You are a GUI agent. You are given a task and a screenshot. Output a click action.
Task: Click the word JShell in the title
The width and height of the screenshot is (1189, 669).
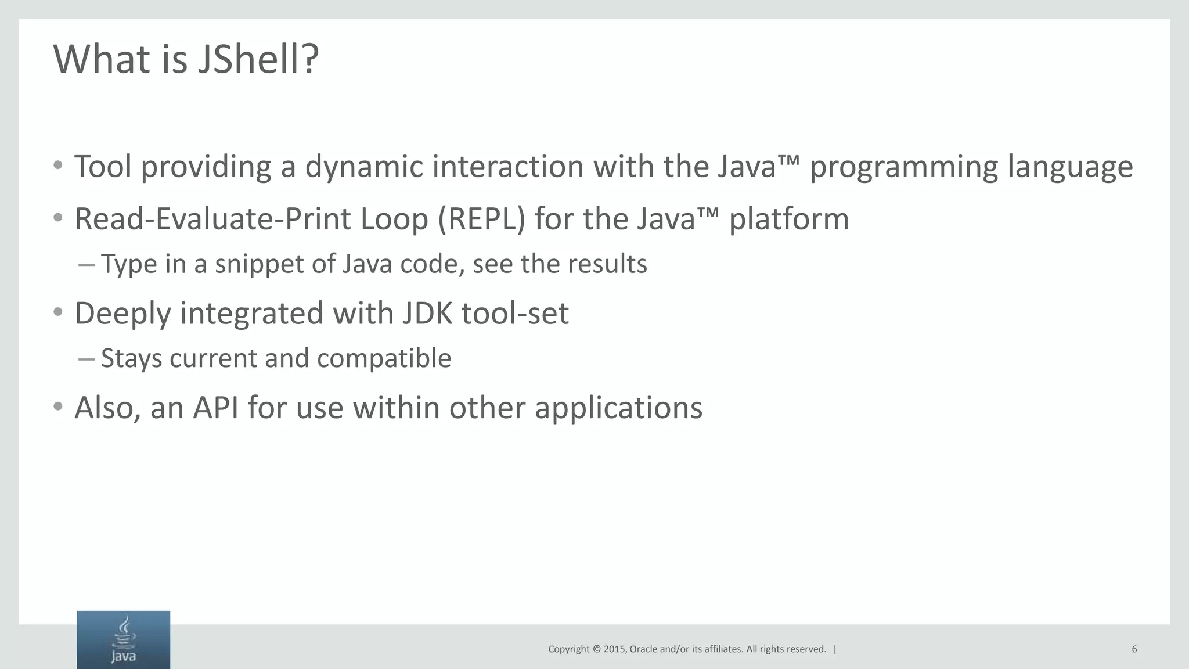coord(258,59)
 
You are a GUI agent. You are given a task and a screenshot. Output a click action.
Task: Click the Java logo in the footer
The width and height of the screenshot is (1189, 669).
coord(123,639)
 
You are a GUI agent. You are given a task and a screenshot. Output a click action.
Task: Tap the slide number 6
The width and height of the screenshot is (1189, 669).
coord(1134,649)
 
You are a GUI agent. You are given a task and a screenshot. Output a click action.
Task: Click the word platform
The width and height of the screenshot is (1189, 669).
coord(788,220)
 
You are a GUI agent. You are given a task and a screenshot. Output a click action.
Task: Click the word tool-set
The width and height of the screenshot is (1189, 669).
coord(515,314)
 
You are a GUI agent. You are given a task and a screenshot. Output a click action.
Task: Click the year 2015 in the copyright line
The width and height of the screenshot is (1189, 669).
coord(614,649)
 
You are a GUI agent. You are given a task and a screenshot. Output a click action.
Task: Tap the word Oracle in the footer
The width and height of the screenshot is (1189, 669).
coord(643,649)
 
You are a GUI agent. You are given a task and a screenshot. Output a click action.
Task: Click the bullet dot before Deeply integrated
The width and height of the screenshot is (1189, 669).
coord(57,313)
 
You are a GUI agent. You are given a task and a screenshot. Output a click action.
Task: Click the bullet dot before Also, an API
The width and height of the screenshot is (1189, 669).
coord(57,407)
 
